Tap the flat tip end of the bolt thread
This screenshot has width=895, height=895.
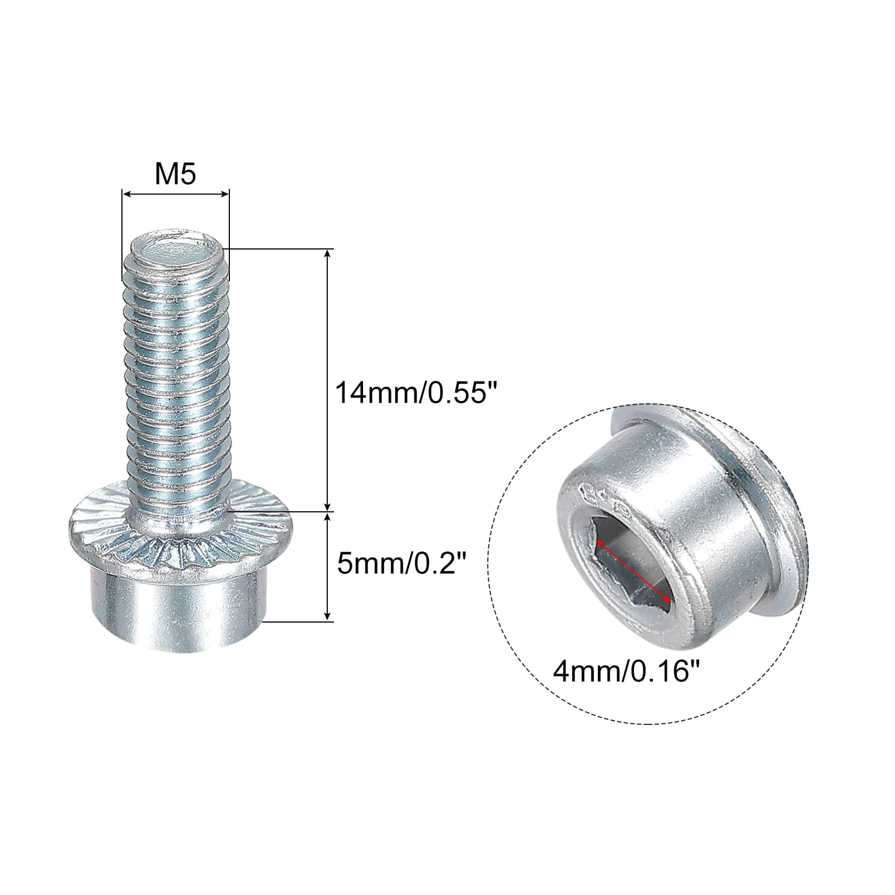coord(175,249)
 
